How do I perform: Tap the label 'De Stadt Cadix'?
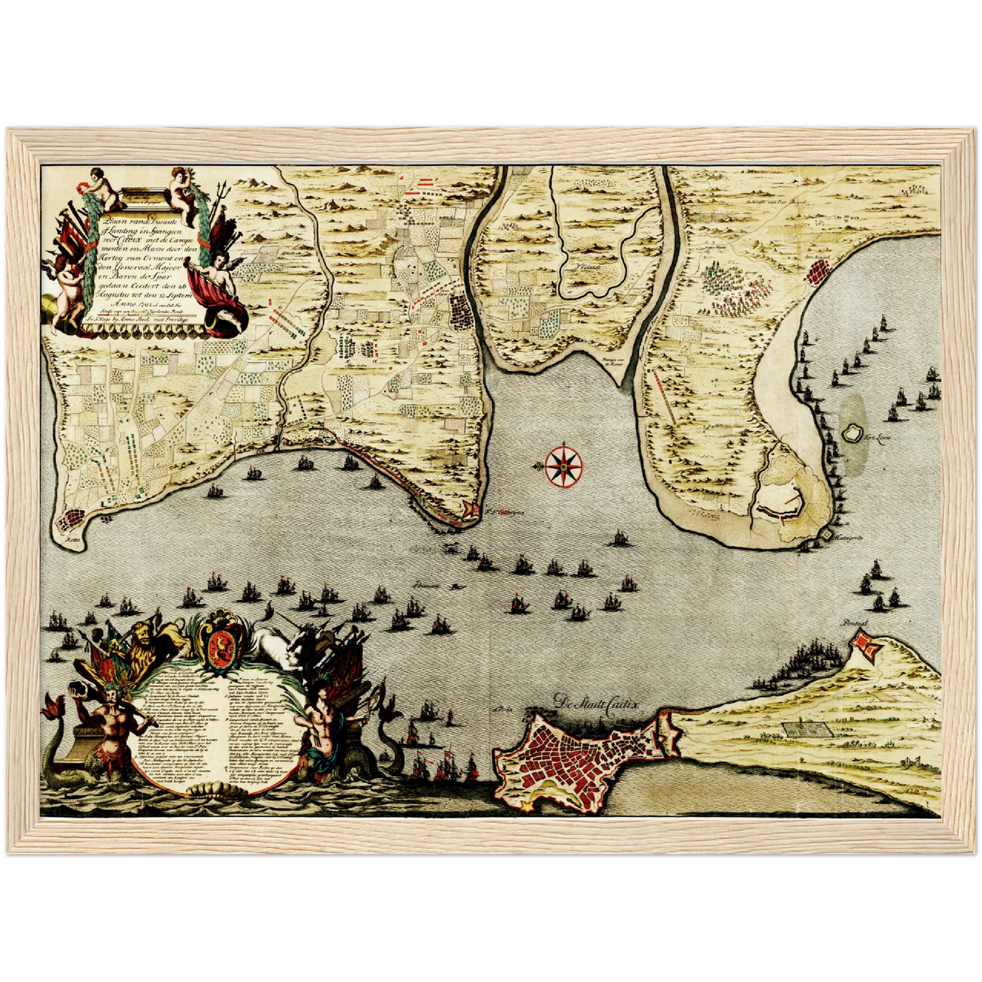[x=596, y=703]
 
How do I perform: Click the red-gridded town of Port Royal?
[x=815, y=273]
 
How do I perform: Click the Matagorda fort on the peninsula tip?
[x=826, y=536]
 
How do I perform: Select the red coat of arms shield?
[x=220, y=643]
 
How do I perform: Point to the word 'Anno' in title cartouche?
[x=109, y=306]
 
